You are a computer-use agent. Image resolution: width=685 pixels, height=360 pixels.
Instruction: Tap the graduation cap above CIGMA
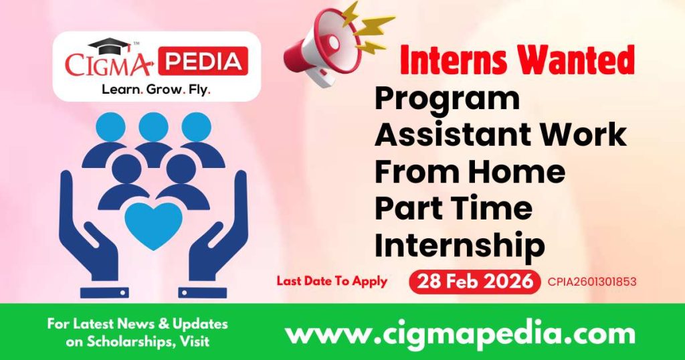click(110, 46)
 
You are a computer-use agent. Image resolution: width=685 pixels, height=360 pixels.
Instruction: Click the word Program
click(447, 99)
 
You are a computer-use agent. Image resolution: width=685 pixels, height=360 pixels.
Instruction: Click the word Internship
click(459, 246)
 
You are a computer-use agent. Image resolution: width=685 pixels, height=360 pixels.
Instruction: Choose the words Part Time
click(453, 209)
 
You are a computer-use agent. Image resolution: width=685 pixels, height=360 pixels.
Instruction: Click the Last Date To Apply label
click(332, 281)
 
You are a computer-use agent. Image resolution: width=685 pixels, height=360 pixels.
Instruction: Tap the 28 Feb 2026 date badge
click(474, 282)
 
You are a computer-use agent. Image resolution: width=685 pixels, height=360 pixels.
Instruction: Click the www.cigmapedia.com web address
click(460, 333)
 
